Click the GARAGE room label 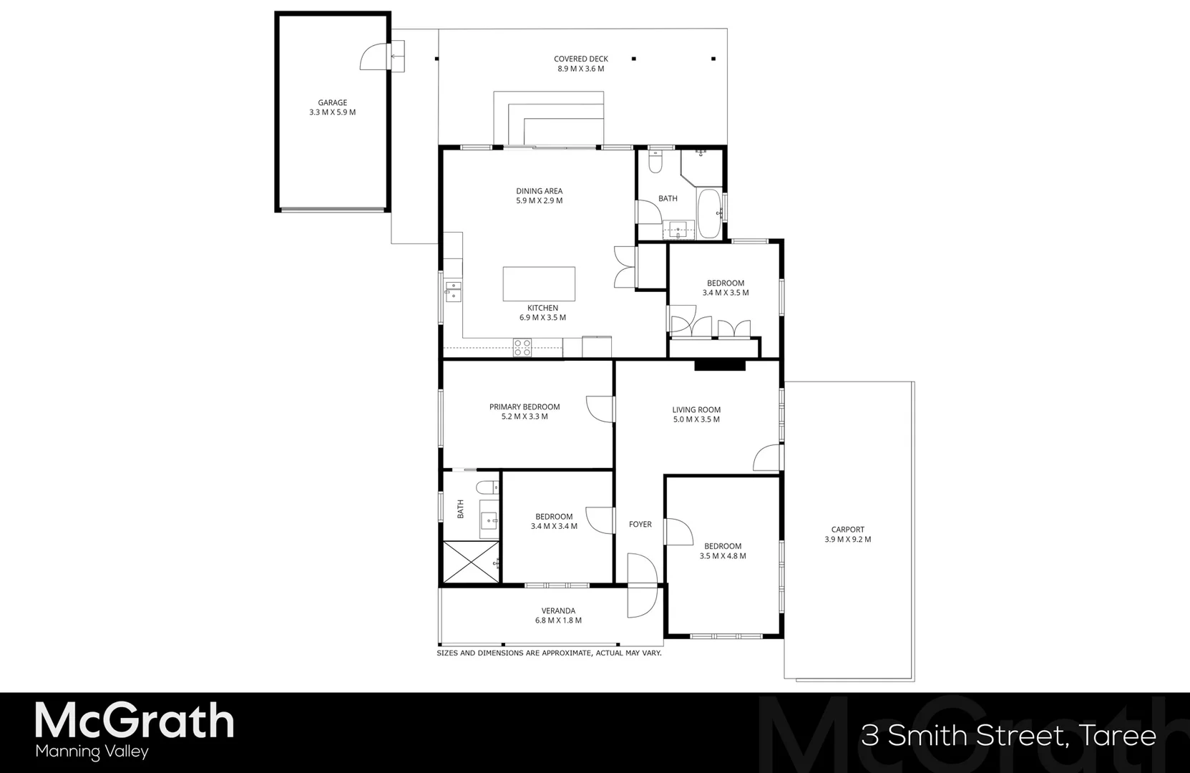(332, 102)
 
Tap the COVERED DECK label (580, 59)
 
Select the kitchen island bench (539, 284)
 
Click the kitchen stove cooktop (522, 348)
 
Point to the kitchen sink (453, 291)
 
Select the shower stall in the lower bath (472, 562)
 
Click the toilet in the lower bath (487, 489)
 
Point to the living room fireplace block (720, 365)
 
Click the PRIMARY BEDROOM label (525, 407)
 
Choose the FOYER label (640, 525)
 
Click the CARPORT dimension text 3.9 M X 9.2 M (847, 540)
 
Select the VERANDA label (558, 611)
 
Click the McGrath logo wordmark (135, 721)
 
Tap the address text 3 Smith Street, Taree (1008, 736)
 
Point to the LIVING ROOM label (696, 410)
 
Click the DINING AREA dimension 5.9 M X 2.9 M (539, 201)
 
